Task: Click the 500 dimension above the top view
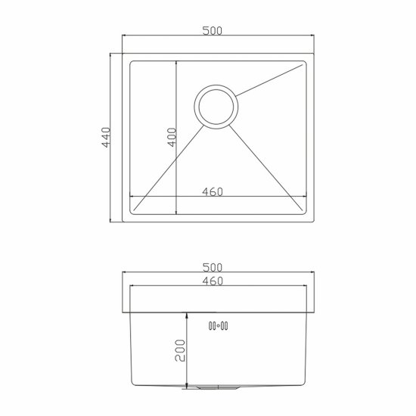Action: pyautogui.click(x=212, y=31)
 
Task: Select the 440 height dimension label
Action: pyautogui.click(x=106, y=137)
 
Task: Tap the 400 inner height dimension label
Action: pyautogui.click(x=172, y=137)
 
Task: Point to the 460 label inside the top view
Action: pyautogui.click(x=213, y=192)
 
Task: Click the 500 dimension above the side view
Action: pyautogui.click(x=212, y=268)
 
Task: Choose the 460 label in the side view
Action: pyautogui.click(x=213, y=281)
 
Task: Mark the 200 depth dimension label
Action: pyautogui.click(x=180, y=350)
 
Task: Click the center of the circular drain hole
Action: pyautogui.click(x=216, y=107)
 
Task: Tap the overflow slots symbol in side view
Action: pyautogui.click(x=218, y=326)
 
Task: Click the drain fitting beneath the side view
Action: pyautogui.click(x=211, y=387)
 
